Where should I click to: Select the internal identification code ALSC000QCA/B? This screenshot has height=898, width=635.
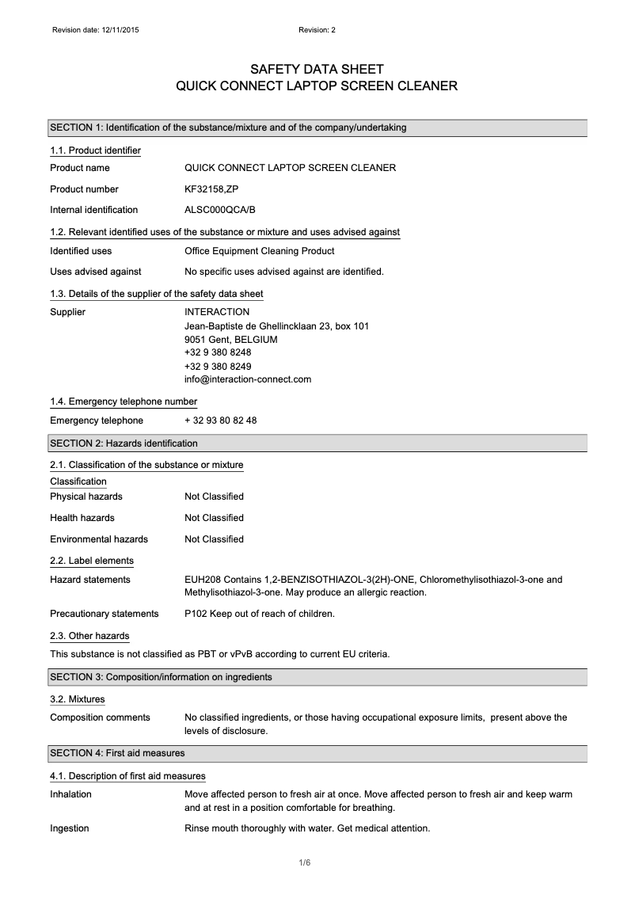220,210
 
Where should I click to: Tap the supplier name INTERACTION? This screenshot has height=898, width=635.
217,312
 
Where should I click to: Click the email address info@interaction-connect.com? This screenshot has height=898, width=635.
248,379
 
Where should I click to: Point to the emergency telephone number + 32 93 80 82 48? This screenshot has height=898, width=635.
220,420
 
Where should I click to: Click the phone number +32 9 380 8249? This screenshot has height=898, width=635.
218,366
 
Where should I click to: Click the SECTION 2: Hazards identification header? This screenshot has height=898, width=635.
124,443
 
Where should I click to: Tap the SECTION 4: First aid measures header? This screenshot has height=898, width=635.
117,753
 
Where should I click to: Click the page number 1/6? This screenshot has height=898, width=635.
317,862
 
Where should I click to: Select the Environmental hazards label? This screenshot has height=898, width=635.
99,539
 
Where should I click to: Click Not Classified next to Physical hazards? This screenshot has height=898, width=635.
214,497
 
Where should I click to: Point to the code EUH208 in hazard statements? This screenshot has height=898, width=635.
203,580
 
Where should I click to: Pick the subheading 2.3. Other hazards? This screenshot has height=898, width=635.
89,636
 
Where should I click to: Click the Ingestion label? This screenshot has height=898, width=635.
70,829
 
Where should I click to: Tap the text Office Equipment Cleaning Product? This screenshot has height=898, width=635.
260,251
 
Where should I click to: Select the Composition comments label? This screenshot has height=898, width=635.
100,717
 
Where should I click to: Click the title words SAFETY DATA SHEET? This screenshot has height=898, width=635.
317,70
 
